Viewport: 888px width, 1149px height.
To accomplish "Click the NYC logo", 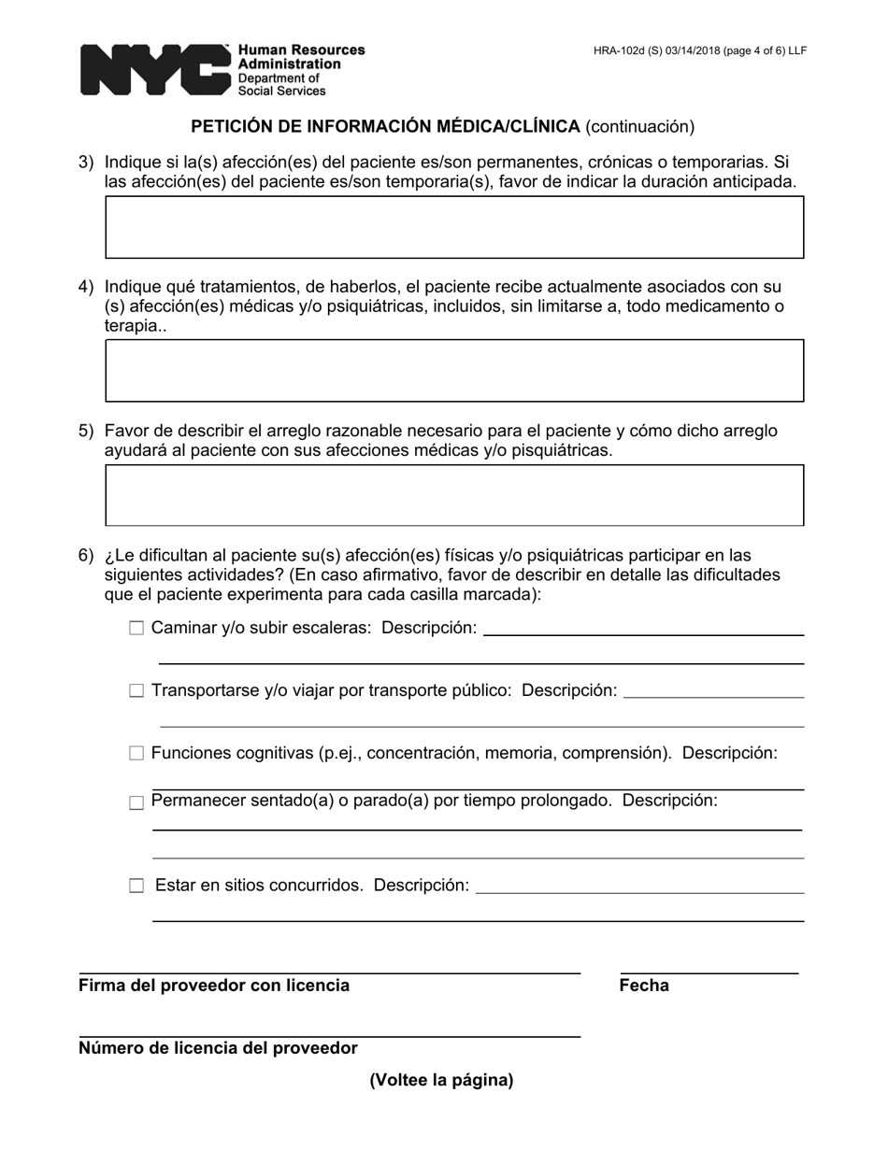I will coord(154,70).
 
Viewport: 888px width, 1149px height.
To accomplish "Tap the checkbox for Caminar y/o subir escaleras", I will coord(136,629).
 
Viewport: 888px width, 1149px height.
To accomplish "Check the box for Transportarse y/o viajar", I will coord(136,691).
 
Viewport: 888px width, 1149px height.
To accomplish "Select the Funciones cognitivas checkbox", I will coord(136,754).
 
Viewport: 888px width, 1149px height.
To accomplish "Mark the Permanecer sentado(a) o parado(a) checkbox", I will coord(136,802).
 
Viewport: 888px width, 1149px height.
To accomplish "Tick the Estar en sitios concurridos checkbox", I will coord(136,886).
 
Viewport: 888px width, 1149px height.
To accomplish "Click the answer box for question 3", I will coord(454,227).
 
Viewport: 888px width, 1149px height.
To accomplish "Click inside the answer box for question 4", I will coord(454,371).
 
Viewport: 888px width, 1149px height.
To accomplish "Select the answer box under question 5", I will coord(454,495).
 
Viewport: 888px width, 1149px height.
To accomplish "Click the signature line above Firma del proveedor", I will coord(329,972).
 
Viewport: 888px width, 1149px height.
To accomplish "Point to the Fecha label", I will coord(644,986).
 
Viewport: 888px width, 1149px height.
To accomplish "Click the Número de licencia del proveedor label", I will coord(218,1048).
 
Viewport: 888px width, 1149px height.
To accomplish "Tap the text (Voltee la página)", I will coord(441,1080).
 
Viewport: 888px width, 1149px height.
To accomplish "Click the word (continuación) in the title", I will coord(640,126).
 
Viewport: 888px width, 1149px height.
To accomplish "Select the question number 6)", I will coord(86,555).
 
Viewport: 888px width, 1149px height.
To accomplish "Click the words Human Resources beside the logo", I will coord(301,50).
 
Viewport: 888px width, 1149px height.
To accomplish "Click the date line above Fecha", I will coord(709,972).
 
